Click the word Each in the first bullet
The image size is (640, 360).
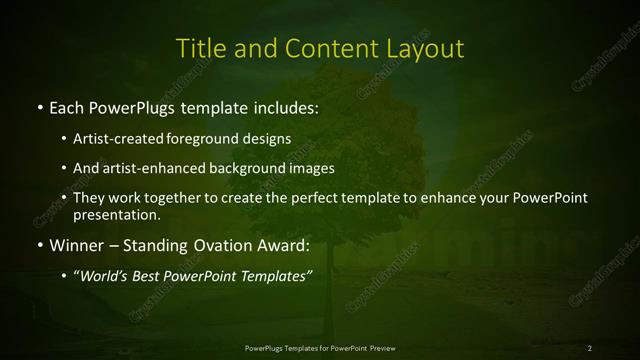click(x=66, y=105)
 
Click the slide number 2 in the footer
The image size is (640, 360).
click(x=589, y=347)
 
